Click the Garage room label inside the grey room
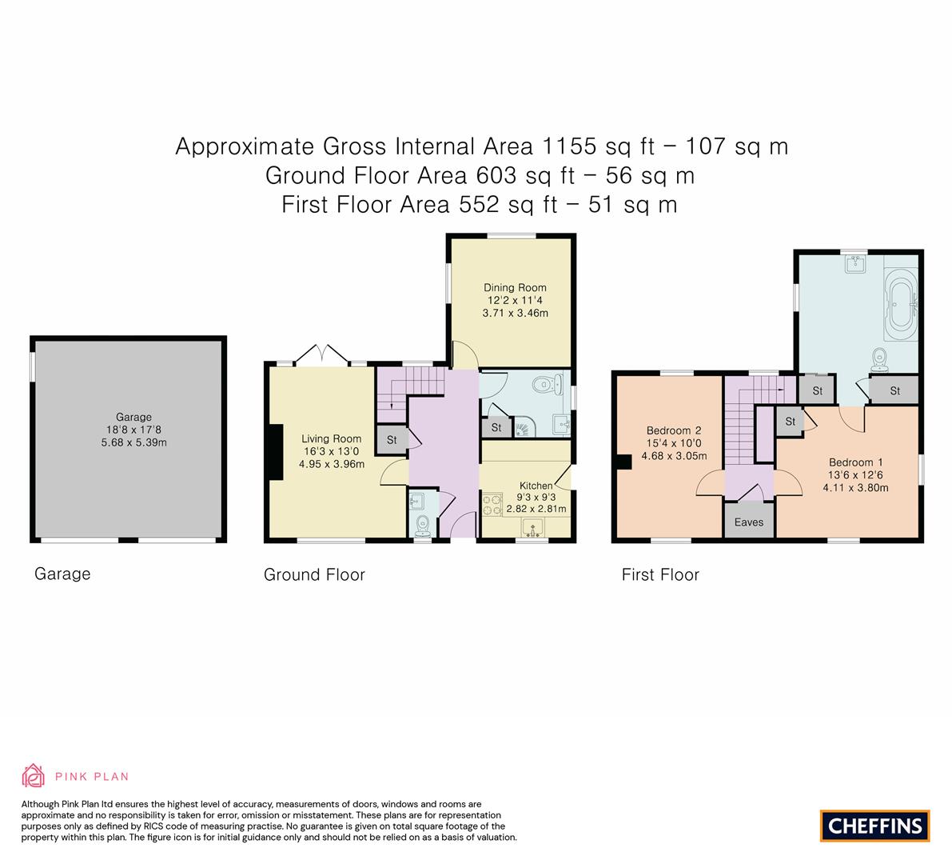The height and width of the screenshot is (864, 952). [x=133, y=417]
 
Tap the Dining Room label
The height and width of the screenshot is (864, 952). [x=515, y=287]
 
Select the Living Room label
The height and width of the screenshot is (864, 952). [x=332, y=438]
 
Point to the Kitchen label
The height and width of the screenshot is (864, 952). [x=536, y=486]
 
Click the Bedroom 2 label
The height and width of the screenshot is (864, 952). [x=674, y=430]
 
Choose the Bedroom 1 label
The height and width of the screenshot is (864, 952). [x=855, y=462]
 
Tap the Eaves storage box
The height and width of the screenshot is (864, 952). [x=749, y=521]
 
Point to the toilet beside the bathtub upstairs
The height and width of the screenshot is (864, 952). [x=878, y=360]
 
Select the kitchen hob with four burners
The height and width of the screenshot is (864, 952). [x=492, y=504]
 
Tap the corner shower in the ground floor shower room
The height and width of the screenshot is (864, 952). [x=526, y=426]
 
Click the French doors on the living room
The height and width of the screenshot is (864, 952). [x=322, y=355]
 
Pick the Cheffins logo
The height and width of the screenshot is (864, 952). [x=875, y=826]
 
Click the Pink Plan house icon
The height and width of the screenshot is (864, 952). [x=34, y=775]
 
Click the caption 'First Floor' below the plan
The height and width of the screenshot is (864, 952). [x=660, y=574]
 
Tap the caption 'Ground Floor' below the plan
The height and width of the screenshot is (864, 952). [x=314, y=574]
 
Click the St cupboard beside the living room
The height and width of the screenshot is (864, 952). [x=392, y=440]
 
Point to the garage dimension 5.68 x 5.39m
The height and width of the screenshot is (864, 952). [x=133, y=443]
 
